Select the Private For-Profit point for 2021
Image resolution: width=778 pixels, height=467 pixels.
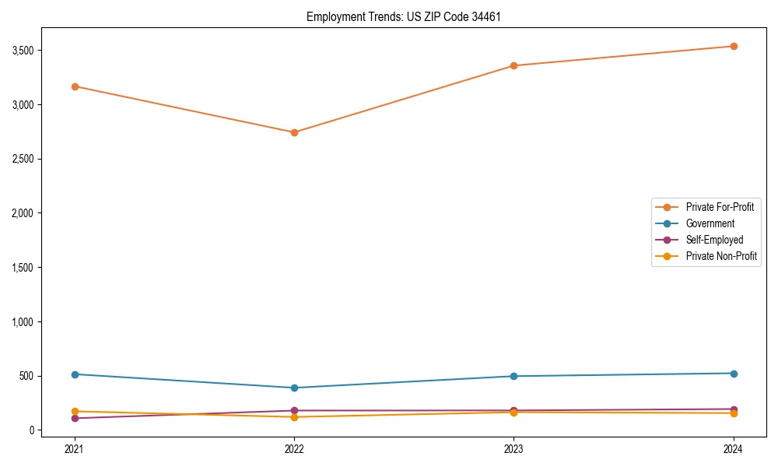click(x=75, y=86)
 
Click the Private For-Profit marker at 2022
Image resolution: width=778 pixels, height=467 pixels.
click(x=294, y=132)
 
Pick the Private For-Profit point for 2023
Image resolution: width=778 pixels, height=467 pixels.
click(x=513, y=65)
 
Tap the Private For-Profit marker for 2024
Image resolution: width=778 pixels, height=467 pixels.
click(x=733, y=46)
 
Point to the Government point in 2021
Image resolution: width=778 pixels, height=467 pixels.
click(x=75, y=374)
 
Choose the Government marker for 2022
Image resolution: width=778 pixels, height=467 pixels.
click(x=294, y=388)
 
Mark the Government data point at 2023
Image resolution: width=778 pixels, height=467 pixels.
click(x=513, y=376)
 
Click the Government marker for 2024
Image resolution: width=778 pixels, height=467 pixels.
click(x=733, y=374)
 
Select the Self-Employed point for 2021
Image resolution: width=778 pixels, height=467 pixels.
click(x=75, y=418)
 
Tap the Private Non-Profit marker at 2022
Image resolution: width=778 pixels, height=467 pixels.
click(x=294, y=417)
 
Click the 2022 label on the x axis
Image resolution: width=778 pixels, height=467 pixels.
click(x=294, y=448)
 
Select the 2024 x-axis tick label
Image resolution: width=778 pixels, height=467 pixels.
click(x=733, y=448)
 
